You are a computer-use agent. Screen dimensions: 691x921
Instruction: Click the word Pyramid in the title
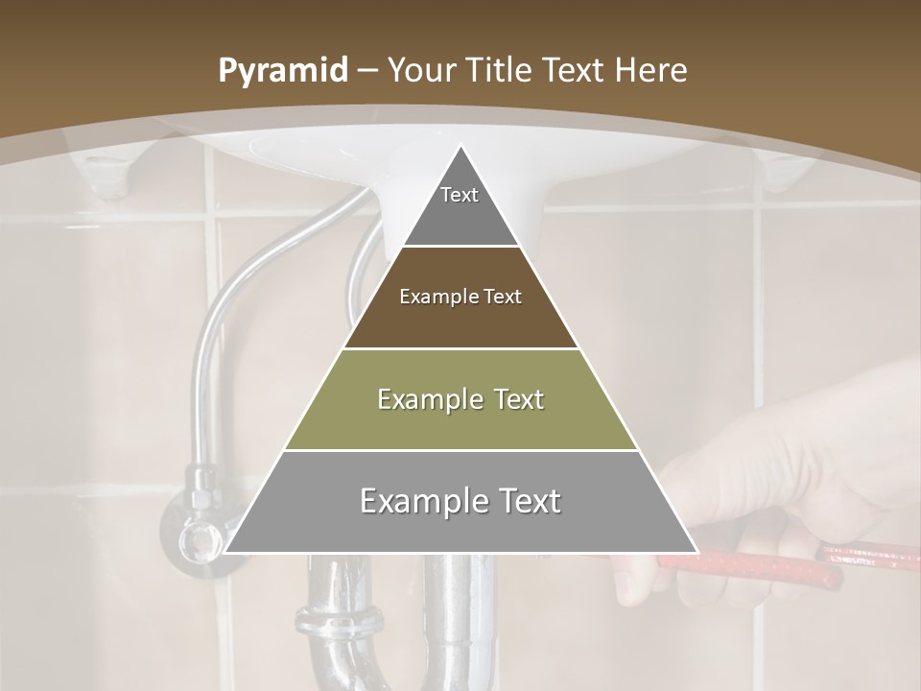click(x=282, y=71)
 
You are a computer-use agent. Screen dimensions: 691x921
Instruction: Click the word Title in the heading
click(x=501, y=70)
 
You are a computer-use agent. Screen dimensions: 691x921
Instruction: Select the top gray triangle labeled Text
click(x=460, y=206)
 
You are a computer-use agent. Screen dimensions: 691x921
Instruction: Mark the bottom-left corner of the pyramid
click(x=226, y=552)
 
